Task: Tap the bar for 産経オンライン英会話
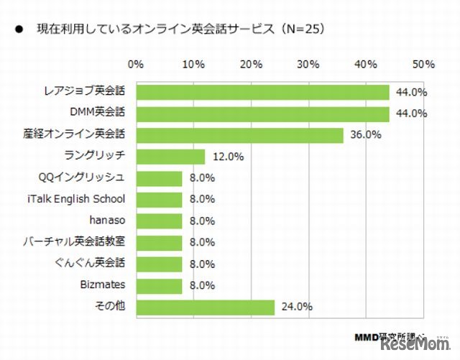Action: (x=239, y=135)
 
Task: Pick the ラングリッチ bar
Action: (x=170, y=157)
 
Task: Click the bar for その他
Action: (x=205, y=307)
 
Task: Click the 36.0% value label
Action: (x=365, y=135)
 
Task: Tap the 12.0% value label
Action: (x=227, y=157)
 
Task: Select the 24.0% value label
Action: (x=296, y=307)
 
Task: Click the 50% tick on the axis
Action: (x=423, y=65)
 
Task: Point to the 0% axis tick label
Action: (x=136, y=65)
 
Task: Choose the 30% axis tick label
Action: (x=308, y=65)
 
